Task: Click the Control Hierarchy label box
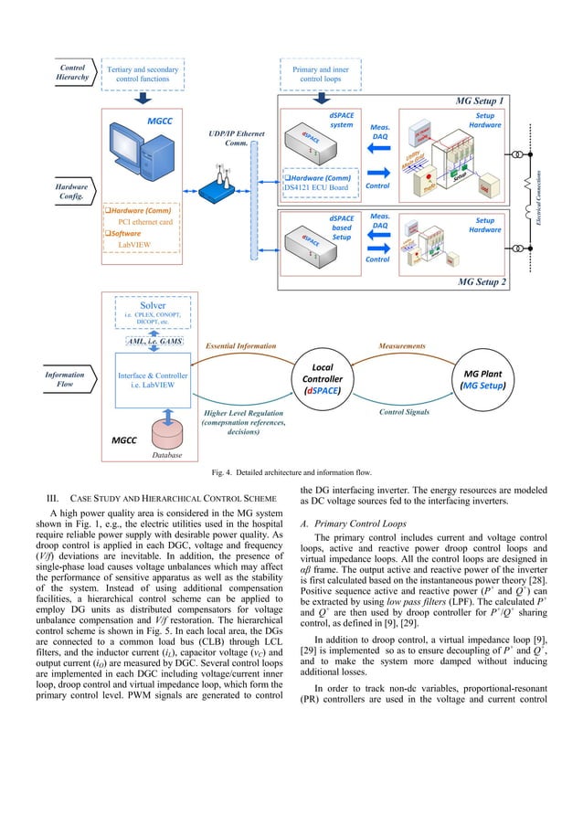tap(72, 72)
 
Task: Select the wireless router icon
tap(221, 187)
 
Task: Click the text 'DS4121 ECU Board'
tap(322, 188)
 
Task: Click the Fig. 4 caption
tap(291, 472)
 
